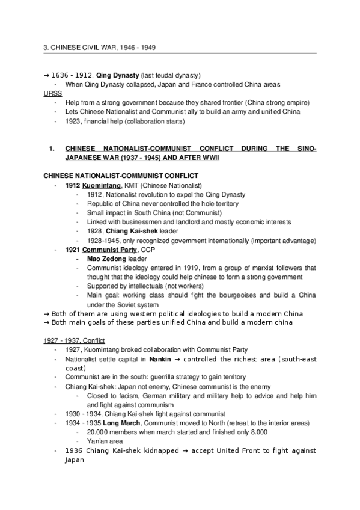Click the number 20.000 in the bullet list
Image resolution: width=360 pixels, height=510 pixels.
100,432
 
